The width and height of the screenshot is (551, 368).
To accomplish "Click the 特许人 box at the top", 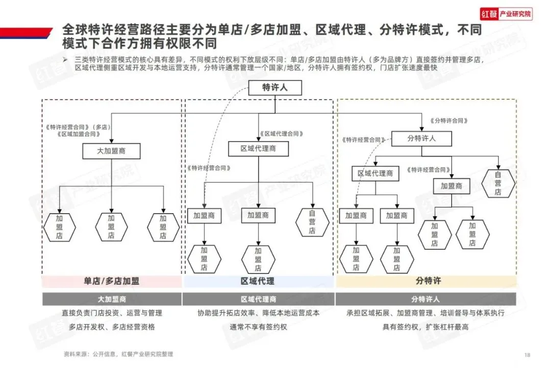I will pyautogui.click(x=275, y=88).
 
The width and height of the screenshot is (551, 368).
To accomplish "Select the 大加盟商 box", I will pyautogui.click(x=111, y=151).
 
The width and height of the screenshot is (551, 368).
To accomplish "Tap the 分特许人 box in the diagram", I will pyautogui.click(x=421, y=139).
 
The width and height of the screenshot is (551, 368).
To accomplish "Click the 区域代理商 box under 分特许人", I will pyautogui.click(x=375, y=174).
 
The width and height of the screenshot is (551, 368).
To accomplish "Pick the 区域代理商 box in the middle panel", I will pyautogui.click(x=258, y=149).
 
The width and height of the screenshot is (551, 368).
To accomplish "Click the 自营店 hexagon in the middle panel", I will pyautogui.click(x=312, y=222).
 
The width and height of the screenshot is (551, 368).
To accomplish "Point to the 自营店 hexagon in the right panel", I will pyautogui.click(x=497, y=183).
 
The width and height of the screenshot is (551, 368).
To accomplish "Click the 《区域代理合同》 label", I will pyautogui.click(x=281, y=133).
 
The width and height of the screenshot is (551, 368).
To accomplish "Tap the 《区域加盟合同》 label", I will pyautogui.click(x=79, y=134).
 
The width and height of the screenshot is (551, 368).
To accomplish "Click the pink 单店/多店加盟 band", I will pyautogui.click(x=111, y=281).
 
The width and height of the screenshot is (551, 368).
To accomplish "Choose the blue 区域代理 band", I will pyautogui.click(x=258, y=281).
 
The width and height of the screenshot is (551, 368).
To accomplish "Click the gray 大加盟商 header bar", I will pyautogui.click(x=111, y=299).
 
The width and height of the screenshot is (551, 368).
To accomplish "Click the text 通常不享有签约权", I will pyautogui.click(x=258, y=327).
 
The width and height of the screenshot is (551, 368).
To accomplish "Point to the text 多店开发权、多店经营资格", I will pyautogui.click(x=112, y=327).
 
